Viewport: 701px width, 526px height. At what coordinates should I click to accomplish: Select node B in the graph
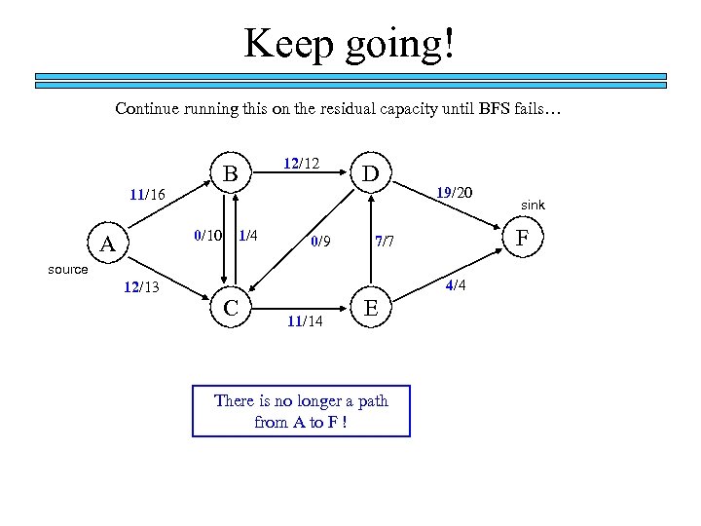click(x=230, y=174)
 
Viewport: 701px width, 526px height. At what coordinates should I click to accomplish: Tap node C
click(x=231, y=308)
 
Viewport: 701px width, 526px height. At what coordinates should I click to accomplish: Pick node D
click(x=370, y=174)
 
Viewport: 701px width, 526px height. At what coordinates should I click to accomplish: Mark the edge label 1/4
click(x=247, y=235)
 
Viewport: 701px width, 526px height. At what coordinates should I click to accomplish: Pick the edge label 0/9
click(x=321, y=242)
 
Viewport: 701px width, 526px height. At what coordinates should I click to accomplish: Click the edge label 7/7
click(x=384, y=242)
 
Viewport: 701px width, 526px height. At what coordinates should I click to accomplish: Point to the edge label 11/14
click(x=304, y=322)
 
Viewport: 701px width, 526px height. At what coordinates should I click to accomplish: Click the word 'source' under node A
click(x=68, y=269)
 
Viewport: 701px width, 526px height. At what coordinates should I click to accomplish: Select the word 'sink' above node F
click(x=533, y=206)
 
